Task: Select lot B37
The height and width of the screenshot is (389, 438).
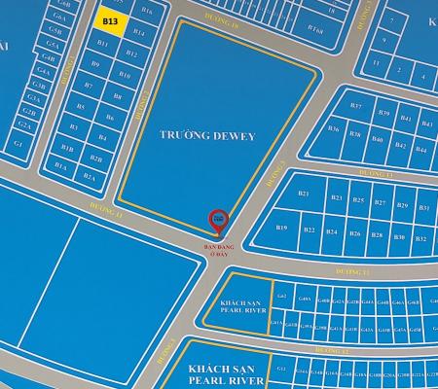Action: [x=356, y=106]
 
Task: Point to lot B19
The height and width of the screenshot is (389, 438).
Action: [x=282, y=228]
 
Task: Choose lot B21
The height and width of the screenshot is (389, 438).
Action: [x=304, y=194]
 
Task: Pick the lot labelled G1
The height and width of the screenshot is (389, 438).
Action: [x=18, y=143]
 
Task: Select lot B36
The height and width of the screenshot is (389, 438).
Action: [x=334, y=128]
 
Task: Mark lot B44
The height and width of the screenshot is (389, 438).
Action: [x=421, y=150]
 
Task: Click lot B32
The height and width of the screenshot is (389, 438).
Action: [x=422, y=238]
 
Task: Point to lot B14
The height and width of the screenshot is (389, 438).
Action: [x=139, y=33]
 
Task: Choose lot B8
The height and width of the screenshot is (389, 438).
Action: [x=117, y=97]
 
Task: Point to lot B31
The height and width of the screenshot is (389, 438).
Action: [x=422, y=208]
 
